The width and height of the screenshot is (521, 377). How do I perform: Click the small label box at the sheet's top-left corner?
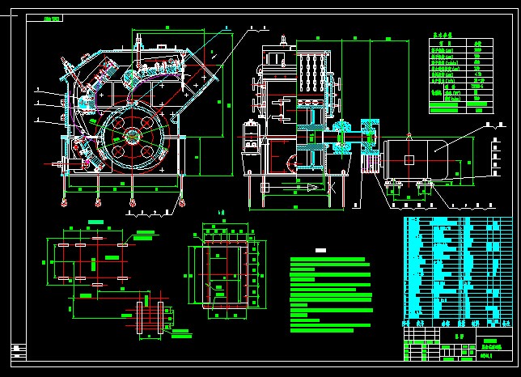point(53,18)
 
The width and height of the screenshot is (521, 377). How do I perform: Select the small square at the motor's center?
point(410,159)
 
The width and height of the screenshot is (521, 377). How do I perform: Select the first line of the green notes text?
point(332,260)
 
